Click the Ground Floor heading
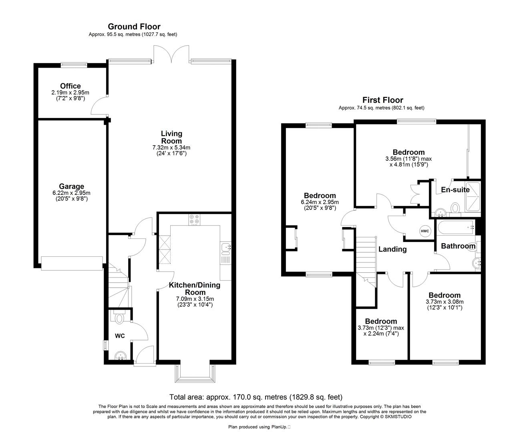click(x=134, y=27)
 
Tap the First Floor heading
click(x=382, y=100)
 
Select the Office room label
click(x=70, y=86)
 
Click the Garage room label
click(x=72, y=186)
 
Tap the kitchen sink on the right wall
click(x=225, y=248)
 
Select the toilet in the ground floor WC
click(x=119, y=318)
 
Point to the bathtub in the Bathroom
click(x=455, y=228)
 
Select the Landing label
click(x=392, y=249)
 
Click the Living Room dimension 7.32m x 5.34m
click(x=171, y=148)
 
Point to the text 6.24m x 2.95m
click(x=320, y=202)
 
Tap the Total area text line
click(x=256, y=397)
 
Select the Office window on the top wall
click(x=74, y=64)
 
